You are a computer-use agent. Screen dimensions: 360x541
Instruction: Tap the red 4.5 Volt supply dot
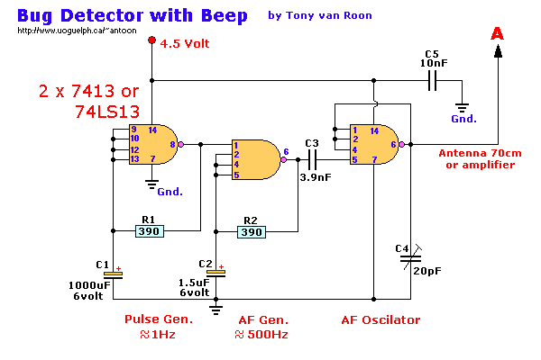[152, 41]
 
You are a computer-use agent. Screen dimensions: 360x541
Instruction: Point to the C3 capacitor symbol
[312, 160]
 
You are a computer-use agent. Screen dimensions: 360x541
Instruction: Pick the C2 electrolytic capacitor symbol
[215, 273]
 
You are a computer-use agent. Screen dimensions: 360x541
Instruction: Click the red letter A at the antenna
[497, 33]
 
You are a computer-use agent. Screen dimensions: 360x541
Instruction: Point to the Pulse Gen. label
[159, 319]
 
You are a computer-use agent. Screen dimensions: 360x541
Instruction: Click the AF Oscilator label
[381, 319]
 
